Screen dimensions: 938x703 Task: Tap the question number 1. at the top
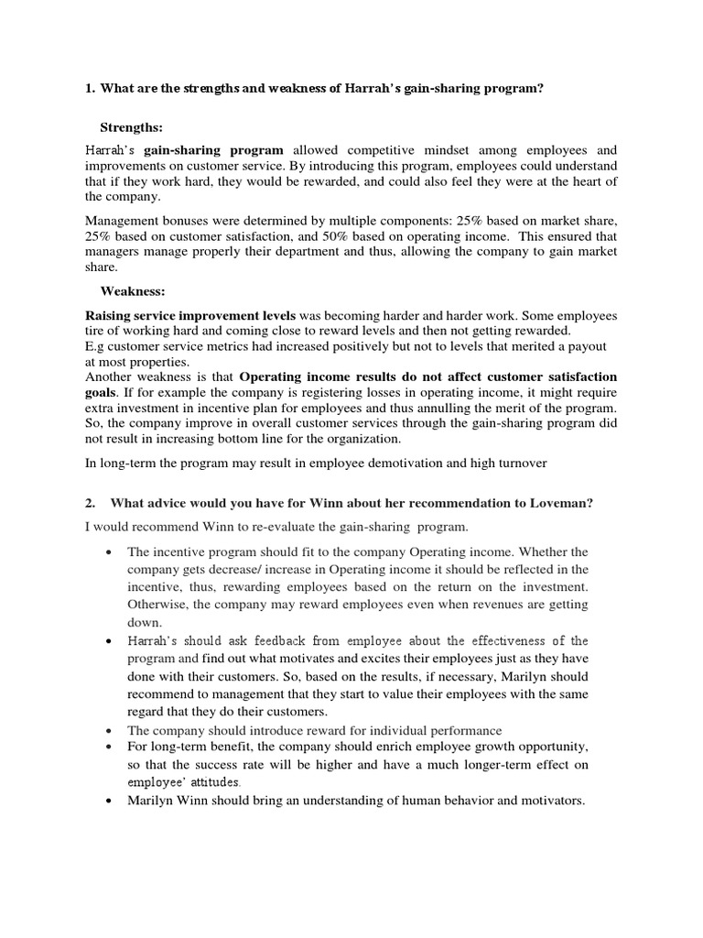pyautogui.click(x=91, y=89)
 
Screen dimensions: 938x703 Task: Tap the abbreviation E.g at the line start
pyautogui.click(x=95, y=345)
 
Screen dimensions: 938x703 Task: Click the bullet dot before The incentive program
pyautogui.click(x=109, y=552)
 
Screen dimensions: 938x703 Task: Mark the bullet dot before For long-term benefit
pyautogui.click(x=109, y=747)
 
